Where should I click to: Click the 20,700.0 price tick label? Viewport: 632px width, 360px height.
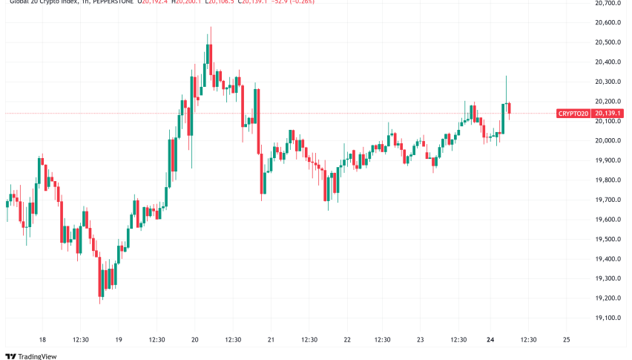[608, 4]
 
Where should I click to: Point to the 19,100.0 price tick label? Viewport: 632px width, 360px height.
[608, 318]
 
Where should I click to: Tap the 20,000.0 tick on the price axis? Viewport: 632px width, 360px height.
[608, 141]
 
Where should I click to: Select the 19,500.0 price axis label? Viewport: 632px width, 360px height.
[608, 239]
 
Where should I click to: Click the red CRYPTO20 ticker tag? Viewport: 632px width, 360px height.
[573, 114]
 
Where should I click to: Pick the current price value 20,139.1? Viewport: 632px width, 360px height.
[608, 114]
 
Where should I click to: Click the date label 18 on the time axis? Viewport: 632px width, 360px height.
[42, 340]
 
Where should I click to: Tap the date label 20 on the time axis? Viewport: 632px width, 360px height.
[194, 340]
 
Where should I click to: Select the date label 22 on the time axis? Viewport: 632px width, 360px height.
[346, 340]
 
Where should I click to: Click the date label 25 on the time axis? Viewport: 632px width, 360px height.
[567, 340]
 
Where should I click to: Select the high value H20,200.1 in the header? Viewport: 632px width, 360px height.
[183, 1]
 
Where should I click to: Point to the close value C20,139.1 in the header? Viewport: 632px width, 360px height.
[252, 1]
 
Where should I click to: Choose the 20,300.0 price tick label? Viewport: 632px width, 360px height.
[608, 82]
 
